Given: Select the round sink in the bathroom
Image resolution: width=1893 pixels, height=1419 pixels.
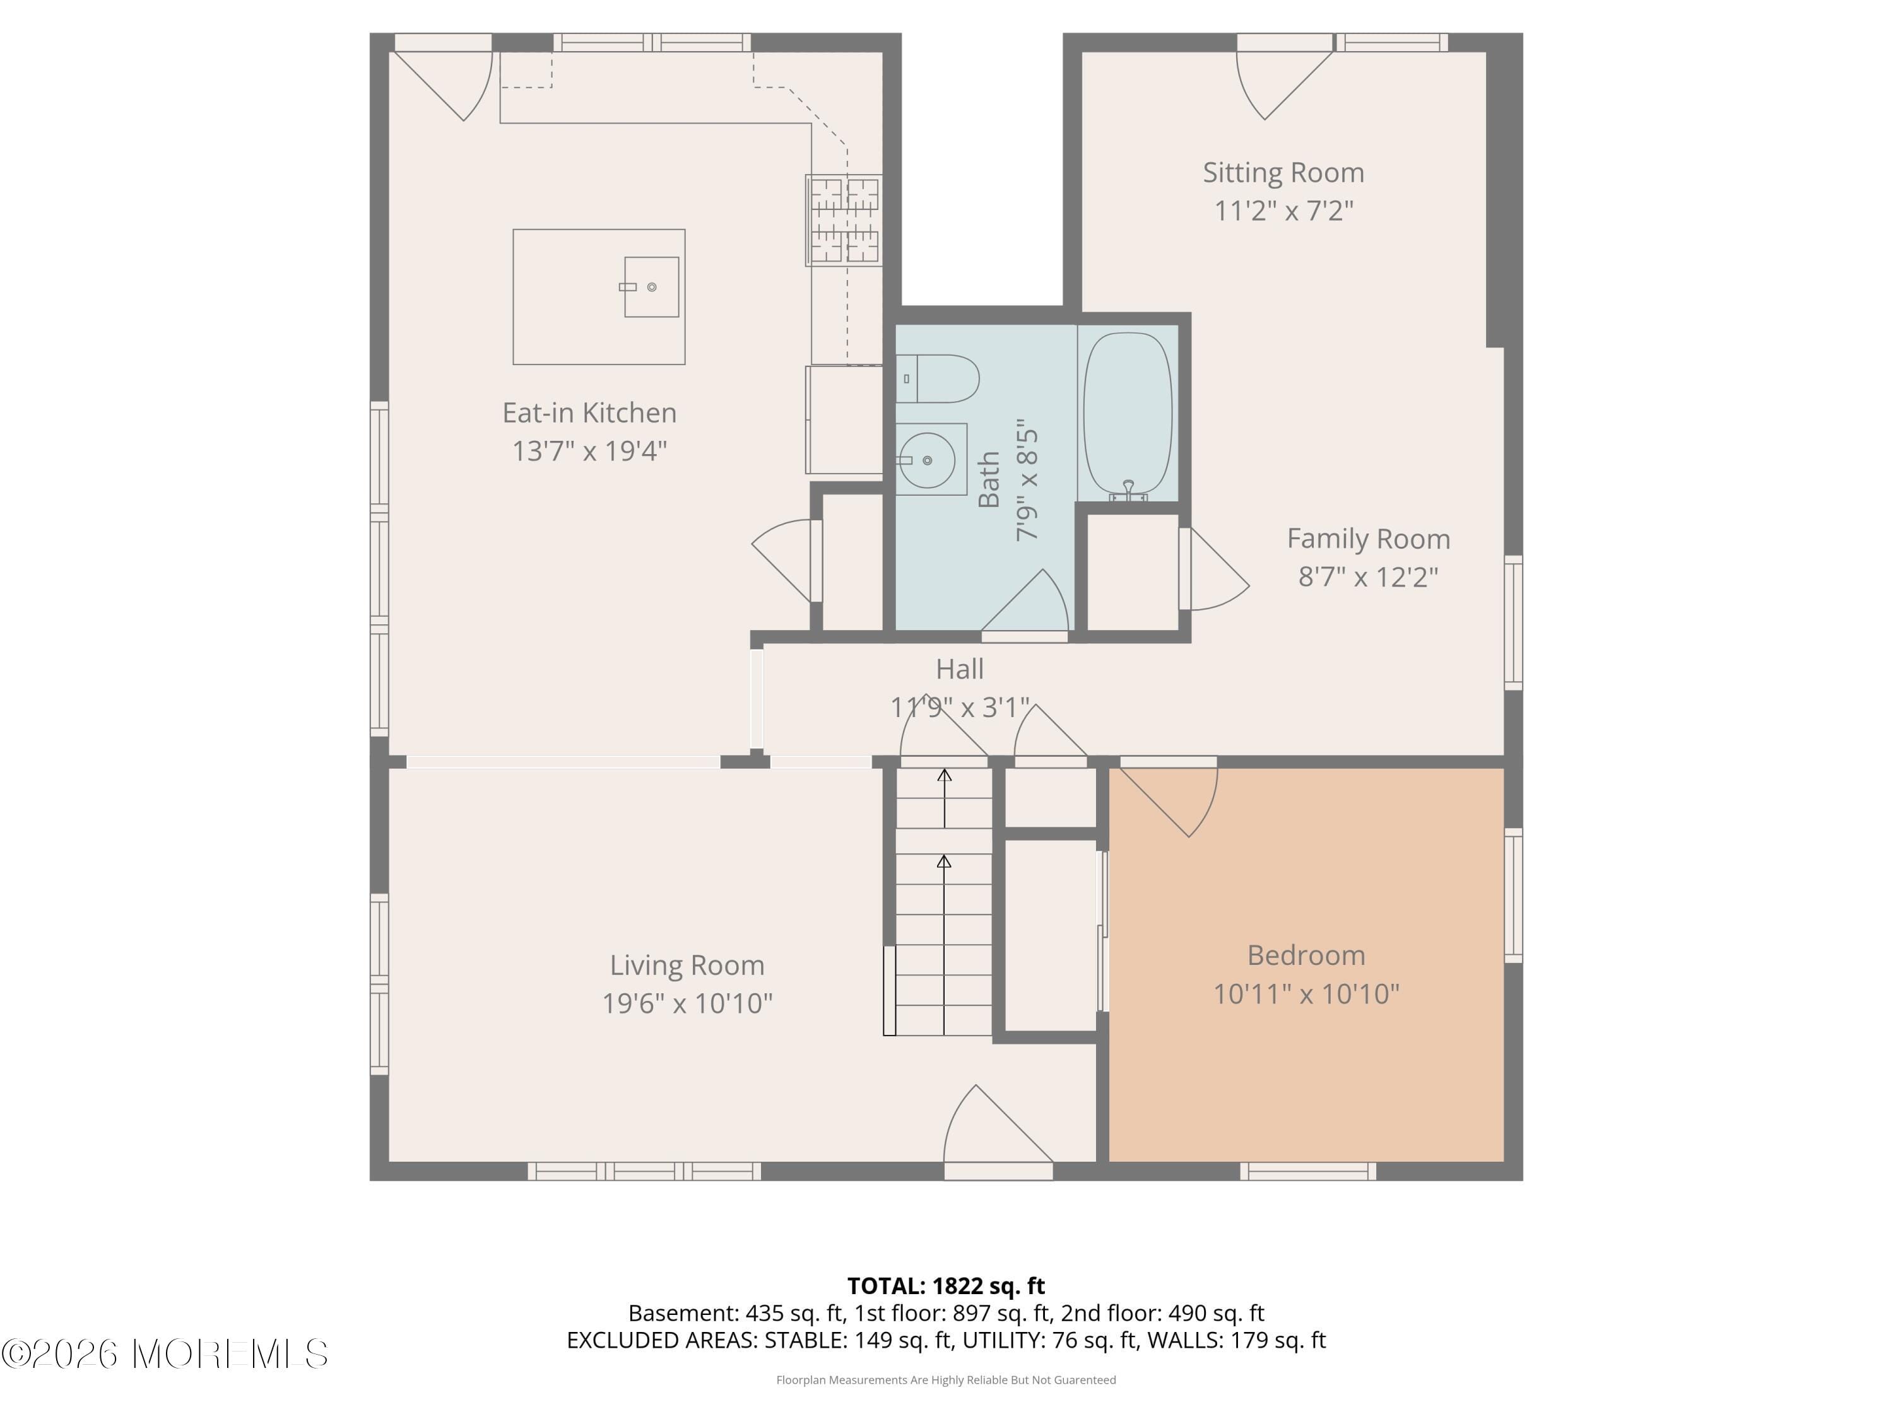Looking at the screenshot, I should [x=927, y=460].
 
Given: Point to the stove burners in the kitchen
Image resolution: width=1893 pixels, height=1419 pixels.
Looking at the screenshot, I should [x=844, y=220].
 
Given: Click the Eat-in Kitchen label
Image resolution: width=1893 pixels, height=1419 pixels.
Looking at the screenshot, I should [x=589, y=413].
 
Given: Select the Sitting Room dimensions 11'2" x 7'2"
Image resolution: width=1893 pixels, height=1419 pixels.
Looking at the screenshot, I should [x=1283, y=211].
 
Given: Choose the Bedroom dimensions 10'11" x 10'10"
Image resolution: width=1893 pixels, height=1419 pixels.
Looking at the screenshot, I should [x=1306, y=993].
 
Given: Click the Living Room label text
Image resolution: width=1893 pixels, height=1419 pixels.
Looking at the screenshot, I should [x=687, y=965].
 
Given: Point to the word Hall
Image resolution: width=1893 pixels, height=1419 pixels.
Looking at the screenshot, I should [x=958, y=669].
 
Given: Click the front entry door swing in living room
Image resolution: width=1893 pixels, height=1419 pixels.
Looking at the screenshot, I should [x=993, y=1129].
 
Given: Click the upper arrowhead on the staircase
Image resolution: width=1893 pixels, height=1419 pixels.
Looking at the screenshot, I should [x=944, y=776].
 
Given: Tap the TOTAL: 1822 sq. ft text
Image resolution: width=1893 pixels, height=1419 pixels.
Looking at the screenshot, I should [x=946, y=1285].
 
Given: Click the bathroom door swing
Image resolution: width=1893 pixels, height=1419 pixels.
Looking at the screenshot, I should [x=1031, y=603].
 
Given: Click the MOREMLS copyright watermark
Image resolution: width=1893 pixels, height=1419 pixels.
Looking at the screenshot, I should [x=164, y=1353].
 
